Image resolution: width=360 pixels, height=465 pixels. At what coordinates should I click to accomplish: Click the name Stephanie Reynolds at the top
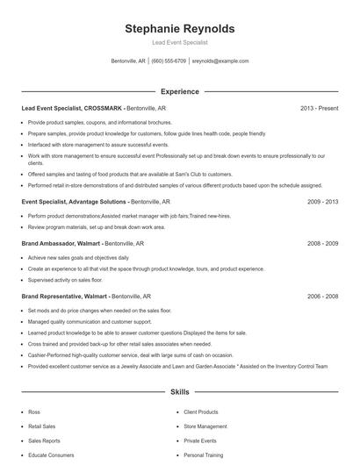point(180,29)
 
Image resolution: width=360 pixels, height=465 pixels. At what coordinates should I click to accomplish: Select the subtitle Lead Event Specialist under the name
point(180,43)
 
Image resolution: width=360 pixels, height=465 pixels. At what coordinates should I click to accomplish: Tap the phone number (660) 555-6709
point(169,61)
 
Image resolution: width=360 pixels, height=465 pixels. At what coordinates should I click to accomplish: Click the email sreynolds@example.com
point(220,61)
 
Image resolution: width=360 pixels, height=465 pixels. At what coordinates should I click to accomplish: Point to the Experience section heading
point(179,91)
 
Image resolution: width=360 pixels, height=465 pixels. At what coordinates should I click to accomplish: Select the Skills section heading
point(179,394)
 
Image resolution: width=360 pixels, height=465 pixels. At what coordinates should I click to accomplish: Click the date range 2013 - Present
point(319,108)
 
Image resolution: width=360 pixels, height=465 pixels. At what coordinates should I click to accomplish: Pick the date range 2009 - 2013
point(322,202)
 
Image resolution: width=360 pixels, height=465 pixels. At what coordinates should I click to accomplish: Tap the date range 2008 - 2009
point(322,242)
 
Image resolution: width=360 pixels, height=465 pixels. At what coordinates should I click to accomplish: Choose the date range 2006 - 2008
point(322,297)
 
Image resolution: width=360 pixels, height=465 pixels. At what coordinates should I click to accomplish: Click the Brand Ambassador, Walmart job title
point(61,242)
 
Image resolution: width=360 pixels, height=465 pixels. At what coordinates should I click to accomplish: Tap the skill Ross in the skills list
point(34,411)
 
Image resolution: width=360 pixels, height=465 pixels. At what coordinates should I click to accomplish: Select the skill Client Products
point(201,411)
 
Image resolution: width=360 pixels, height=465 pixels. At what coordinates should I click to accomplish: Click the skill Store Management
point(205,426)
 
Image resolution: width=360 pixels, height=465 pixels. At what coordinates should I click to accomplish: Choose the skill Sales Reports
point(44,441)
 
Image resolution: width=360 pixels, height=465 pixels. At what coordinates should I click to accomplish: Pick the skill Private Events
point(200,441)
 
